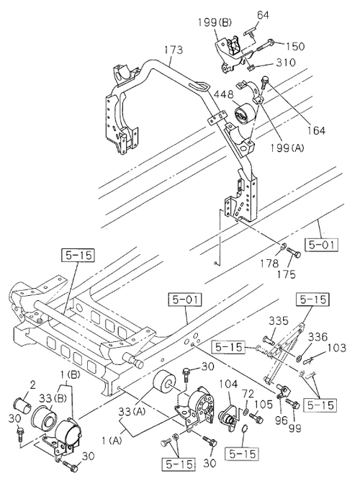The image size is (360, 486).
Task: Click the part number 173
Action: click(174, 50)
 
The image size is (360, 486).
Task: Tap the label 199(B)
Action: click(215, 22)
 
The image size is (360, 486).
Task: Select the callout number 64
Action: click(263, 15)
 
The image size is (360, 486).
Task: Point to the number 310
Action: click(285, 63)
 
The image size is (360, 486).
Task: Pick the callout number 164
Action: click(315, 130)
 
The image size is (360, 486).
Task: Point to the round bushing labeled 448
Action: click(244, 113)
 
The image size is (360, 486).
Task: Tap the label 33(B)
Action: click(53, 398)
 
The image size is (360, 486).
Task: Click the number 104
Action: click(229, 384)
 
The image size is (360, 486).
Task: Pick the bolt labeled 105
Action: click(256, 418)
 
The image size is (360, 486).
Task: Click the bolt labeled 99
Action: click(293, 404)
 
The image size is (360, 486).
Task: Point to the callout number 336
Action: click(318, 337)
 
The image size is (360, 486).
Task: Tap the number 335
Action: click(279, 320)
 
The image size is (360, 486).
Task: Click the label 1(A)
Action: click(111, 440)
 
